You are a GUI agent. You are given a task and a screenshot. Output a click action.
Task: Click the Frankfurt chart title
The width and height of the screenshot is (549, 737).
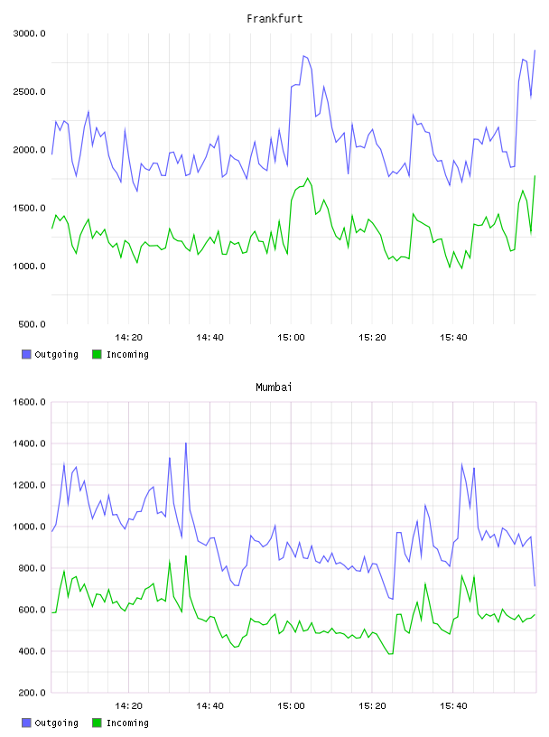click(274, 19)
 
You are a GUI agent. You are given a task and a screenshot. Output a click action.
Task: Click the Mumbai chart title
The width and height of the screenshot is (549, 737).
click(274, 387)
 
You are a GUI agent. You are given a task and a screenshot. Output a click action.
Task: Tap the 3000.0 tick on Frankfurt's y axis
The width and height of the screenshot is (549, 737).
click(29, 33)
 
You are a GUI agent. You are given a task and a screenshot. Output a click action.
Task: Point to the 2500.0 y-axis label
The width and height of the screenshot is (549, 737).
click(29, 91)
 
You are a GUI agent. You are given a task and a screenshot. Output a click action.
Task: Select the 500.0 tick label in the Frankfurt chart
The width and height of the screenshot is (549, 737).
click(32, 324)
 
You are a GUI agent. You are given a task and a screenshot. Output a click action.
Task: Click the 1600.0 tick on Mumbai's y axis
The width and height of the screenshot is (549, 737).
click(29, 402)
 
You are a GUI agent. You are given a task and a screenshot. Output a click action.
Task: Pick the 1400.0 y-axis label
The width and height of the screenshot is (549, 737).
click(29, 443)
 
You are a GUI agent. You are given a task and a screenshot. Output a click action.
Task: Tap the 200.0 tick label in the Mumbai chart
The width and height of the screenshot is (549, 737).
click(32, 693)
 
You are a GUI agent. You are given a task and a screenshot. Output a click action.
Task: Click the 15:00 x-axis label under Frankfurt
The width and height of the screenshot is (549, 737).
click(291, 338)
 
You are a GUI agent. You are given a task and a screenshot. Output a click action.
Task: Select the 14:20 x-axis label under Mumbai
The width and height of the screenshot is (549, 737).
click(128, 706)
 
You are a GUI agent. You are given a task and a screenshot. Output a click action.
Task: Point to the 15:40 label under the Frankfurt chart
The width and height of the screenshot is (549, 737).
click(453, 338)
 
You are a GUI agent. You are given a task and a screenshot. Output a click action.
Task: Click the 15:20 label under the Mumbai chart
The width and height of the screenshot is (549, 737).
click(372, 706)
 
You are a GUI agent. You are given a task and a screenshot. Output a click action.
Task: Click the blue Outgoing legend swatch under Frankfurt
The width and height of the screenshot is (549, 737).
click(26, 354)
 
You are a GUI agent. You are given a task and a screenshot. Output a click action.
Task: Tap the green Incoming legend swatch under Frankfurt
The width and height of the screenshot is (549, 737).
click(97, 354)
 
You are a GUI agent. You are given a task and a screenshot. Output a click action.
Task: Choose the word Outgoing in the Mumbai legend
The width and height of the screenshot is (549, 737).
click(56, 723)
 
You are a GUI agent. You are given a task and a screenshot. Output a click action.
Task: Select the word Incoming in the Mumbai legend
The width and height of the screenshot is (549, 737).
click(127, 723)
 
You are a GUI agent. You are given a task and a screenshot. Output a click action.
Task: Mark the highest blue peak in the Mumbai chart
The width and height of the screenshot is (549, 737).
click(186, 443)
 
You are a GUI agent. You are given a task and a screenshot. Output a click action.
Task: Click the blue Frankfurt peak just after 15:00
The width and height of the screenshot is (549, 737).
click(303, 56)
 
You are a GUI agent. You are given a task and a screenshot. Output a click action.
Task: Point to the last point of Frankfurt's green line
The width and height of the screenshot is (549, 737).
click(535, 176)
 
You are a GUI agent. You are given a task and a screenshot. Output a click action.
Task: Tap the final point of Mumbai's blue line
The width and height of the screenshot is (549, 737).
click(535, 585)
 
